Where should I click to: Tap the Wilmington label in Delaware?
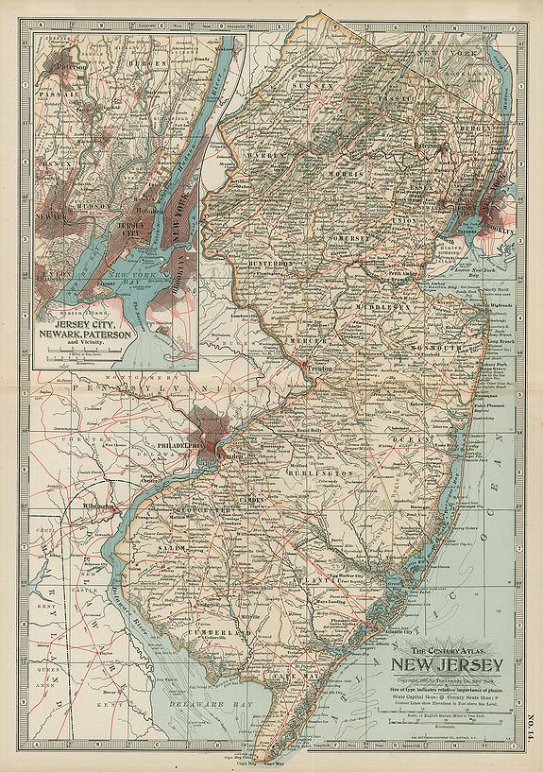[x=97, y=506]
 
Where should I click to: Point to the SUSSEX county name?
[x=319, y=86]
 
